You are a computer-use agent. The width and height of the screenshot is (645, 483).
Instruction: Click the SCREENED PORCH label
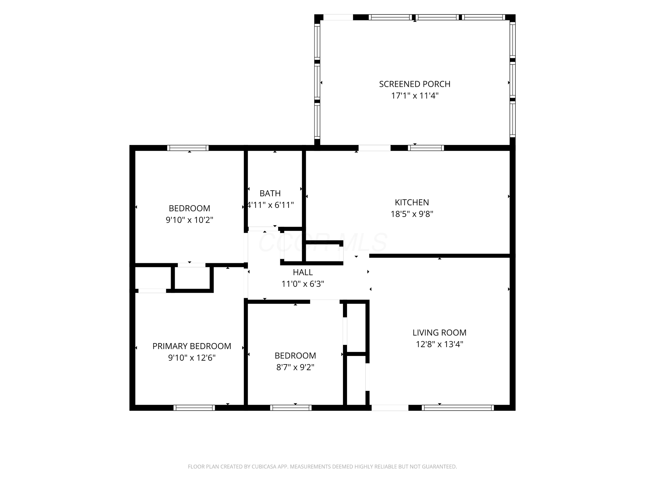414,84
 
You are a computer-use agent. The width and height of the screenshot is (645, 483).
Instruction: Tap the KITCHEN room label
412,202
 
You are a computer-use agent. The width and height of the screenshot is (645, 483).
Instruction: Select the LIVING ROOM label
439,332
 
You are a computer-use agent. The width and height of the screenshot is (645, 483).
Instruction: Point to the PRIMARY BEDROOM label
192,346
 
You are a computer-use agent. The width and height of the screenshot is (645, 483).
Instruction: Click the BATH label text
270,193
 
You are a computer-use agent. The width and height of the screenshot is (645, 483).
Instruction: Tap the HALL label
303,272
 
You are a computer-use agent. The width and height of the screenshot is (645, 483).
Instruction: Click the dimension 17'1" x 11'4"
415,96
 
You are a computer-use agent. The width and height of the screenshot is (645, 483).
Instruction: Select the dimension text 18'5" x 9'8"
412,214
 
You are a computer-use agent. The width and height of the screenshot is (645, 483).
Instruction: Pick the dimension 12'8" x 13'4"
439,344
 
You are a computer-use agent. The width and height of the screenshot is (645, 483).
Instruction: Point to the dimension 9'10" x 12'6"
192,358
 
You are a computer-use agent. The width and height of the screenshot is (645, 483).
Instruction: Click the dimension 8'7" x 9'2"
295,367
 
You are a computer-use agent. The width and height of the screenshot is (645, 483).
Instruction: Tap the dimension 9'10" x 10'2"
190,220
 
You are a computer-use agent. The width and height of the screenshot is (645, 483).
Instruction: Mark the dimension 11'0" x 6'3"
303,284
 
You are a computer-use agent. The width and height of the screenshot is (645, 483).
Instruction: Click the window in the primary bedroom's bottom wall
194,408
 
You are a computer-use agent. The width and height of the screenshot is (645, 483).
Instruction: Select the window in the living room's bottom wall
458,408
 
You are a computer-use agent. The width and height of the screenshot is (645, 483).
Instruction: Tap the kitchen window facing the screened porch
426,148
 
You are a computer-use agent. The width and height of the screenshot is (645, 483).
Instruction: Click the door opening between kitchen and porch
374,148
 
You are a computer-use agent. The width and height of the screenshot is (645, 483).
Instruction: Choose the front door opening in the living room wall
390,408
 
